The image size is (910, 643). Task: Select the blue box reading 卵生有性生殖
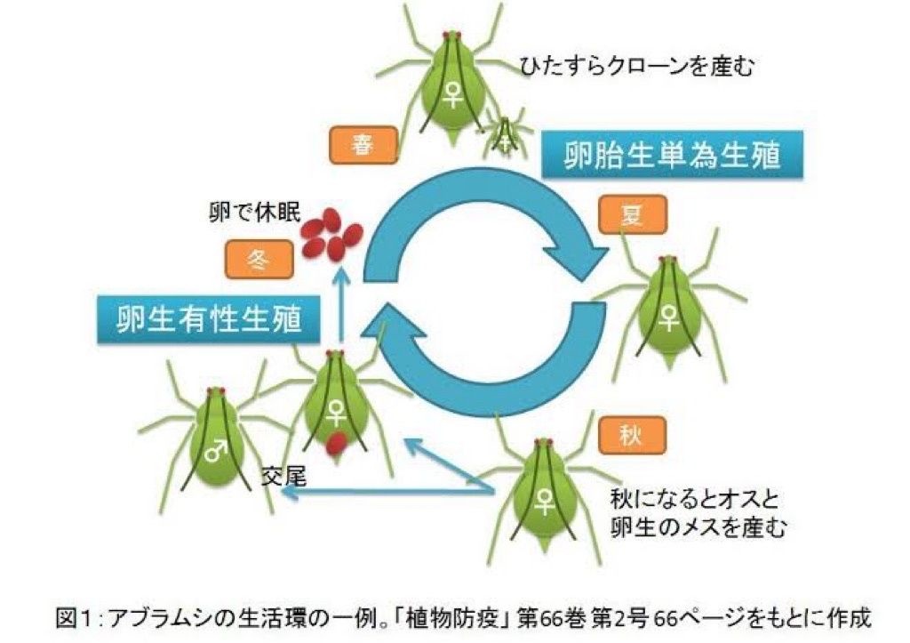[209, 318]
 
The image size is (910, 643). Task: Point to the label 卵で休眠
[249, 212]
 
